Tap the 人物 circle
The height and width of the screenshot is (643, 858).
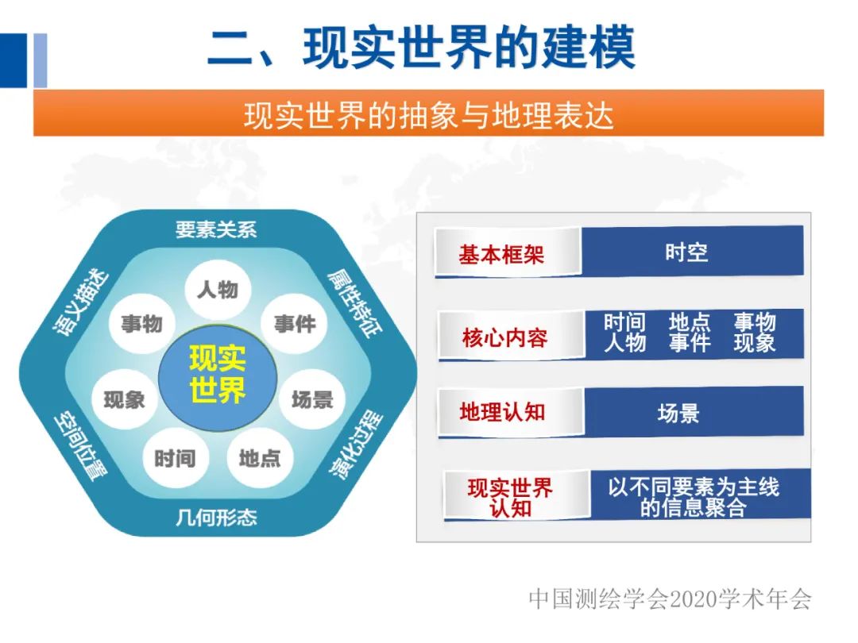[x=217, y=289]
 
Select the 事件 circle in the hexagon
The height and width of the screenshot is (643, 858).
[x=295, y=323]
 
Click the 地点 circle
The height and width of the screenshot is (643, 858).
[x=259, y=457]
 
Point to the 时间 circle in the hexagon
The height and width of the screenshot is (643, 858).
[x=174, y=457]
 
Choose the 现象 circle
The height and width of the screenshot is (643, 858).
[x=125, y=399]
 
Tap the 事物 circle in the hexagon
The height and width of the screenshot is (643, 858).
[x=141, y=323]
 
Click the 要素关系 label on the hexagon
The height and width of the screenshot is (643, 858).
[x=216, y=229]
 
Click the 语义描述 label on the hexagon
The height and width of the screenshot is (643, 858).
[x=82, y=302]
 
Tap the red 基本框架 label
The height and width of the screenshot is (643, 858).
[x=501, y=254]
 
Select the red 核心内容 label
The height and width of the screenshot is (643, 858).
[x=504, y=338]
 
